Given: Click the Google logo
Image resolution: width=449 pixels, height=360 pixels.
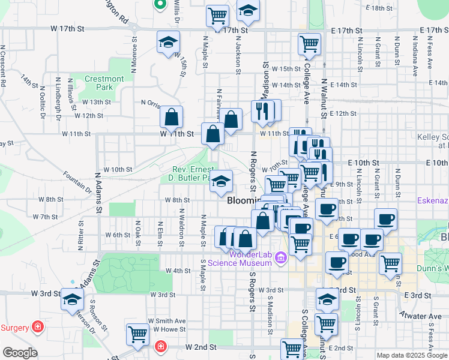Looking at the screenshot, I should pos(20,353).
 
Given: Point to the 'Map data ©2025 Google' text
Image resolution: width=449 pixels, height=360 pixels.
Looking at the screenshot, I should pos(412,355).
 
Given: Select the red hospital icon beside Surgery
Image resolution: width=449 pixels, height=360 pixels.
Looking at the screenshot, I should pos(38,327).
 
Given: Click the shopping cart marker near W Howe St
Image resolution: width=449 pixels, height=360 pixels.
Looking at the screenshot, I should pos(138,334).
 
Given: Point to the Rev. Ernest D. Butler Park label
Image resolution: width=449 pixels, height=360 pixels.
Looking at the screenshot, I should pos(191,174).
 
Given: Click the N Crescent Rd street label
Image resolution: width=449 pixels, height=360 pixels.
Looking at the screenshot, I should pos(3,66).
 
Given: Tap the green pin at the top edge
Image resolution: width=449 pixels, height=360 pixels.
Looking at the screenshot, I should pos(160,5).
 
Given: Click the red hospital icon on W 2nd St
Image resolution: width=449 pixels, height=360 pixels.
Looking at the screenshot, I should pos(160,346).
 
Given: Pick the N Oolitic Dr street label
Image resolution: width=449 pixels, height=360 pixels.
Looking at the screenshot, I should pos(43,96).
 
